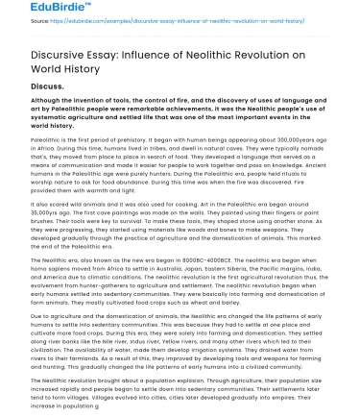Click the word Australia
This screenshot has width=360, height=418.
coord(188,261)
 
